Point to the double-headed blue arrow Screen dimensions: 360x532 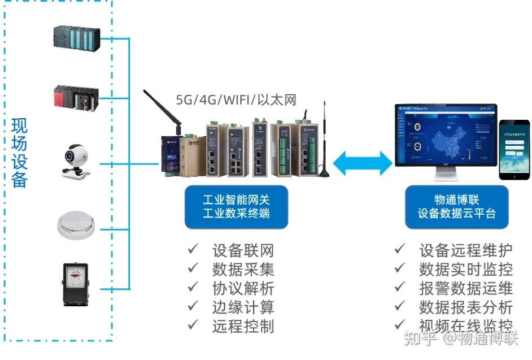tap(362, 163)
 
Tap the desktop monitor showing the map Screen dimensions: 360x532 tap(446, 139)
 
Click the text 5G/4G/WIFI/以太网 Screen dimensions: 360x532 tap(236, 100)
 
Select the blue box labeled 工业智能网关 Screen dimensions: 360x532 tap(236, 206)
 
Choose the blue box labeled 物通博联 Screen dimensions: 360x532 tap(456, 206)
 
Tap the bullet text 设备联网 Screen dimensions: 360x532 tap(243, 250)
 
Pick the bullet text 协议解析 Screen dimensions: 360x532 tap(243, 288)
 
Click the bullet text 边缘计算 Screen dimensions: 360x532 tap(243, 307)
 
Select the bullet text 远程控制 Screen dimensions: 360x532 tap(243, 326)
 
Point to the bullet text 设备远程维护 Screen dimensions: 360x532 tap(465, 250)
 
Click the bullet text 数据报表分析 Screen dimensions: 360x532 tap(465, 307)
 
